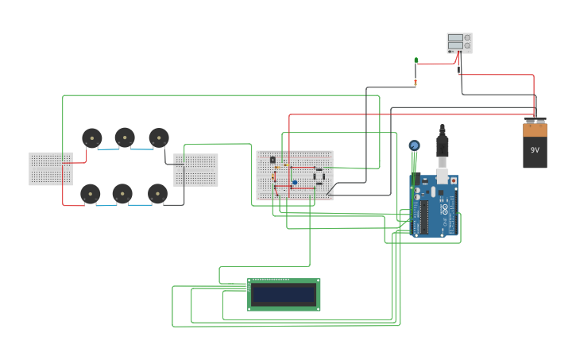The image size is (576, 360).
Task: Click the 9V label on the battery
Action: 535,149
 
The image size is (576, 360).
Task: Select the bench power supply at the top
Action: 459,43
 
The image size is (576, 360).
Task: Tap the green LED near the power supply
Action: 416,60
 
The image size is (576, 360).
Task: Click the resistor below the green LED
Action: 416,81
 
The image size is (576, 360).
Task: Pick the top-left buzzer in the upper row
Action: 92,138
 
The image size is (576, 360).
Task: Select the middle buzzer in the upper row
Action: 125,137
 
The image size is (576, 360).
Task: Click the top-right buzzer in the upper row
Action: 159,137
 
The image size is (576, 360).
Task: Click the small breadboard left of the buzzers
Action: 51,168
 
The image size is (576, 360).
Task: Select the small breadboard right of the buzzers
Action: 196,170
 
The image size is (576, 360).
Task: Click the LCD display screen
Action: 284,295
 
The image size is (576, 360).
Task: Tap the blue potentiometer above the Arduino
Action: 414,145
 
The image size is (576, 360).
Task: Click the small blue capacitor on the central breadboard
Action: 295,183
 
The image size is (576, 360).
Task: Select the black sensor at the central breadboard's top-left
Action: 273,160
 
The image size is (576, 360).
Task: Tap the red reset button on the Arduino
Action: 453,180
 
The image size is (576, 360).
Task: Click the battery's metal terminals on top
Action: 535,121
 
